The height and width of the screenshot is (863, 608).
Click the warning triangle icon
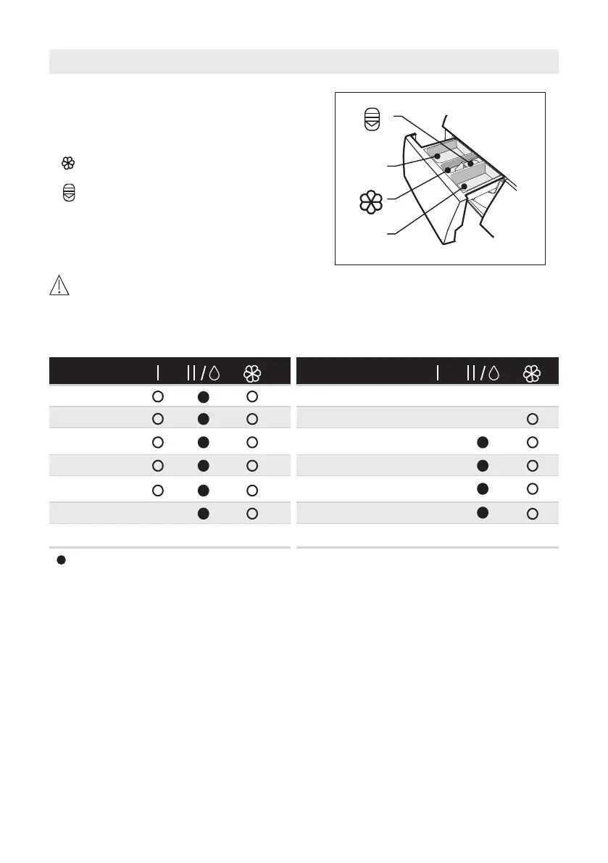pyautogui.click(x=59, y=285)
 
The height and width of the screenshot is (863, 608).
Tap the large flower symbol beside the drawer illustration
pyautogui.click(x=371, y=203)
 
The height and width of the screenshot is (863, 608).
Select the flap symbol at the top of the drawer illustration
pyautogui.click(x=372, y=120)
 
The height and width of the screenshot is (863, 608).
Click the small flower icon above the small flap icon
pyautogui.click(x=68, y=163)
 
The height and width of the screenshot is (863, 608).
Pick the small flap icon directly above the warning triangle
pyautogui.click(x=69, y=193)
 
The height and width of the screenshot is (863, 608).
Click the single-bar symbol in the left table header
pyautogui.click(x=158, y=373)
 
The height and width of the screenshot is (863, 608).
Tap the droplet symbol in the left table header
pyautogui.click(x=214, y=373)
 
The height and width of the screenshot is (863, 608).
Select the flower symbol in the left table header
pyautogui.click(x=252, y=374)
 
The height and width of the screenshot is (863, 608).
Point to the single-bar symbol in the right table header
pyautogui.click(x=438, y=373)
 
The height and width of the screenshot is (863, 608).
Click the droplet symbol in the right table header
pyautogui.click(x=494, y=373)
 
